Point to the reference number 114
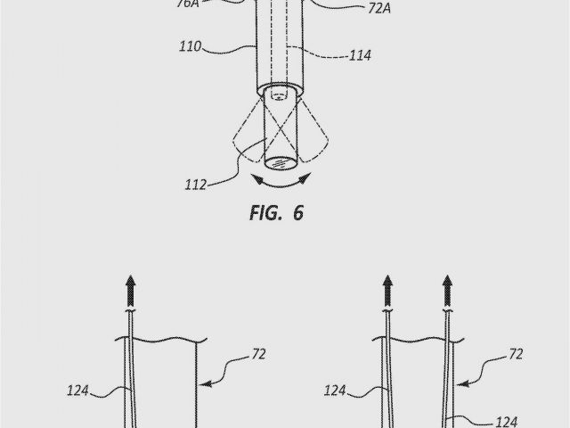(x=360, y=55)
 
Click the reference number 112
(x=194, y=185)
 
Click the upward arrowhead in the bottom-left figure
(x=131, y=286)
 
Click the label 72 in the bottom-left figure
(x=259, y=354)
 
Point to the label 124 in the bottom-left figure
(x=78, y=389)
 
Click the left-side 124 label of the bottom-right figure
(x=336, y=390)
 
